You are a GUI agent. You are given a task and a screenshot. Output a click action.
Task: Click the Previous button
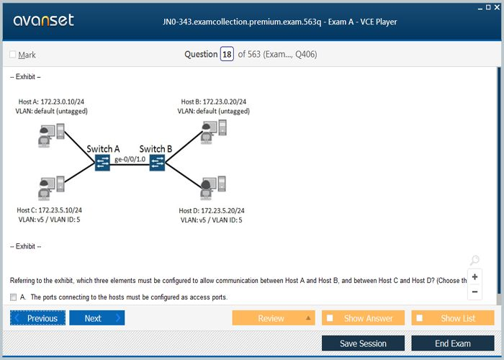37,318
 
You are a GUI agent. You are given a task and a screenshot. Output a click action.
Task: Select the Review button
273,318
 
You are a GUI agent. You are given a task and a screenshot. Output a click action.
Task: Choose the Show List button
453,318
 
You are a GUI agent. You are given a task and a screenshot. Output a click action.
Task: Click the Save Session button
363,343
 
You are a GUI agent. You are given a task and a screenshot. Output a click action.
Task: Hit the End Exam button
452,343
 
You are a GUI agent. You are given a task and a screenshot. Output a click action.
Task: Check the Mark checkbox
13,55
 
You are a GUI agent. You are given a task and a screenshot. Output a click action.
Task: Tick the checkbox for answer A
14,297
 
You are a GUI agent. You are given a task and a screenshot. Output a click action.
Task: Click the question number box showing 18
227,54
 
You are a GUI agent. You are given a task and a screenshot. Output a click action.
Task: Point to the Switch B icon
158,163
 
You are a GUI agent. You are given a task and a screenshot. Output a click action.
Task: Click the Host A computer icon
51,134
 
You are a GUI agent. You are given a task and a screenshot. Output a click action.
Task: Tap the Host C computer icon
51,187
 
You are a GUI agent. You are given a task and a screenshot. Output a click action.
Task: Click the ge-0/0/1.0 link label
130,158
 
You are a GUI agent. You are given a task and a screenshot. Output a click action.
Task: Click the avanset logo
43,20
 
